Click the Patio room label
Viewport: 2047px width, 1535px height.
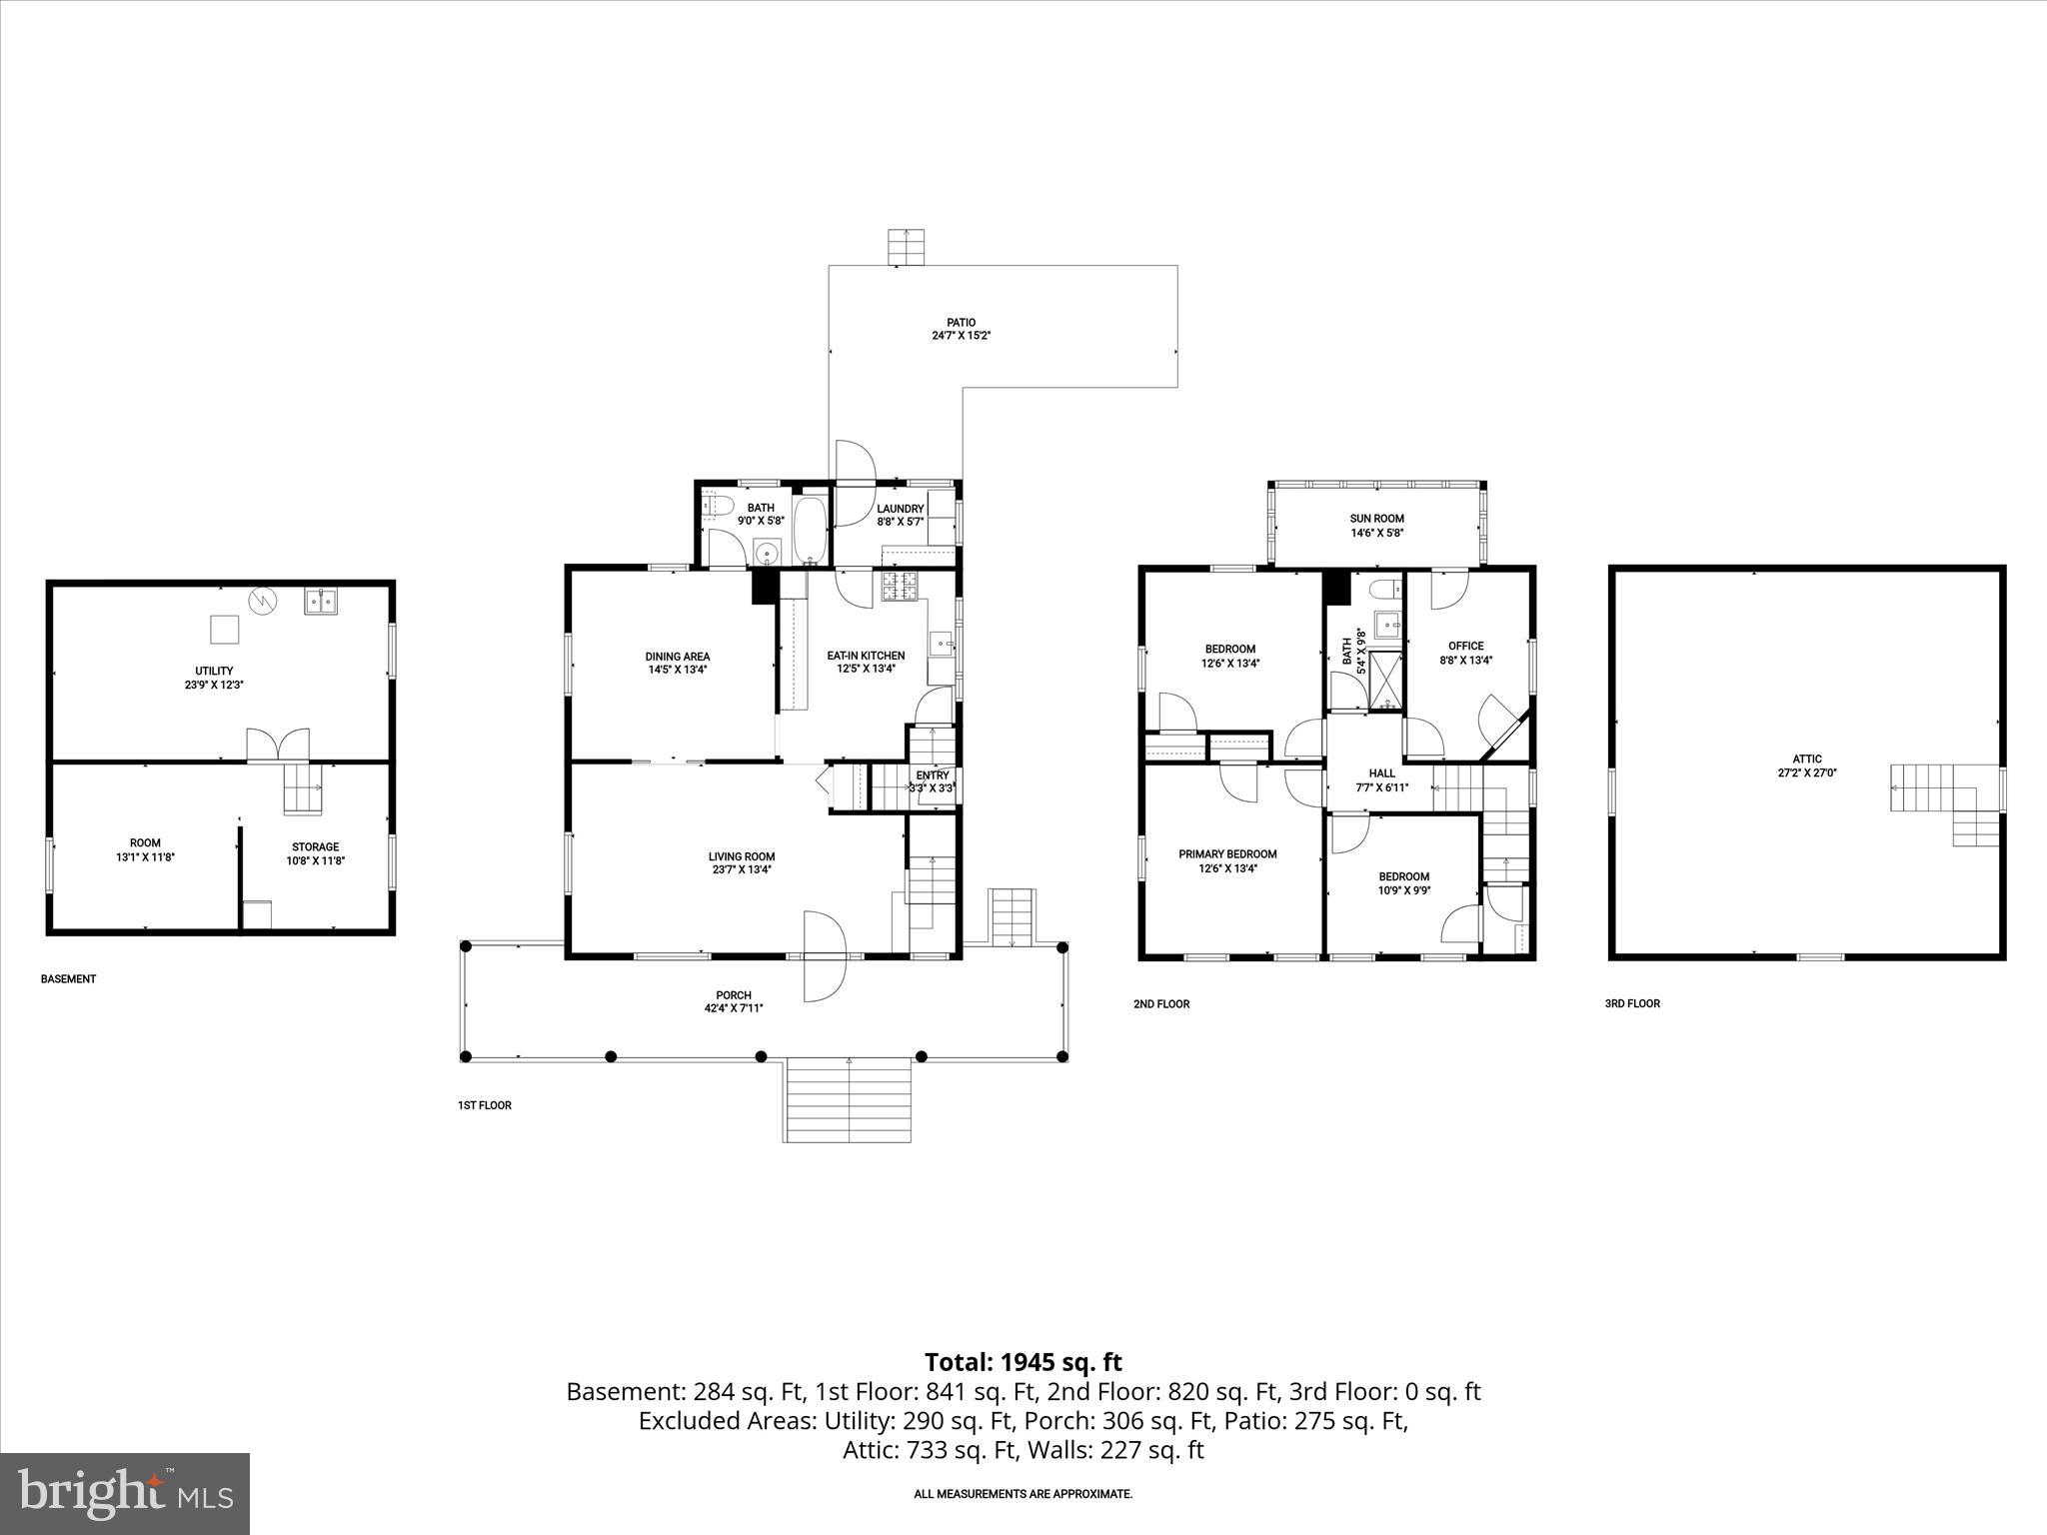point(961,323)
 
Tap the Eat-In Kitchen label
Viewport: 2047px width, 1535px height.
point(866,656)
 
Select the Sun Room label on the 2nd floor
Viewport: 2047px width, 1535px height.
point(1376,519)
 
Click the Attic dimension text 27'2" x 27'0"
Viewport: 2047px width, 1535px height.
point(1807,772)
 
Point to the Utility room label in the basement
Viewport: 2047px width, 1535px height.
point(214,671)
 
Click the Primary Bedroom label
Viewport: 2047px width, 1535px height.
point(1227,854)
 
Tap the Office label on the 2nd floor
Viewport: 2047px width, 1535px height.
point(1465,646)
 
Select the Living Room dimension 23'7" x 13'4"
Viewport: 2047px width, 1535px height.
point(741,869)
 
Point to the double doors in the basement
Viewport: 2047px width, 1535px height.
point(279,745)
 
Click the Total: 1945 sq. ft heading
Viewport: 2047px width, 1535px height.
point(1023,1362)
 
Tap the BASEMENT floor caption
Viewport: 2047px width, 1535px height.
point(68,979)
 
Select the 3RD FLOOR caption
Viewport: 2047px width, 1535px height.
point(1632,1003)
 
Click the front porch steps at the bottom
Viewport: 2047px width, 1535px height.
point(848,1099)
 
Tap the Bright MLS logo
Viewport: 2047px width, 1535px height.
point(125,1494)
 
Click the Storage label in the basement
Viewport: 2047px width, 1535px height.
point(315,847)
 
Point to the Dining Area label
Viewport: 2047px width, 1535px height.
point(677,657)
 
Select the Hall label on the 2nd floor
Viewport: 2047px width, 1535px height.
point(1381,773)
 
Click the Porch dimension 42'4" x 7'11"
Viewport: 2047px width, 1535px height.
point(733,1008)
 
